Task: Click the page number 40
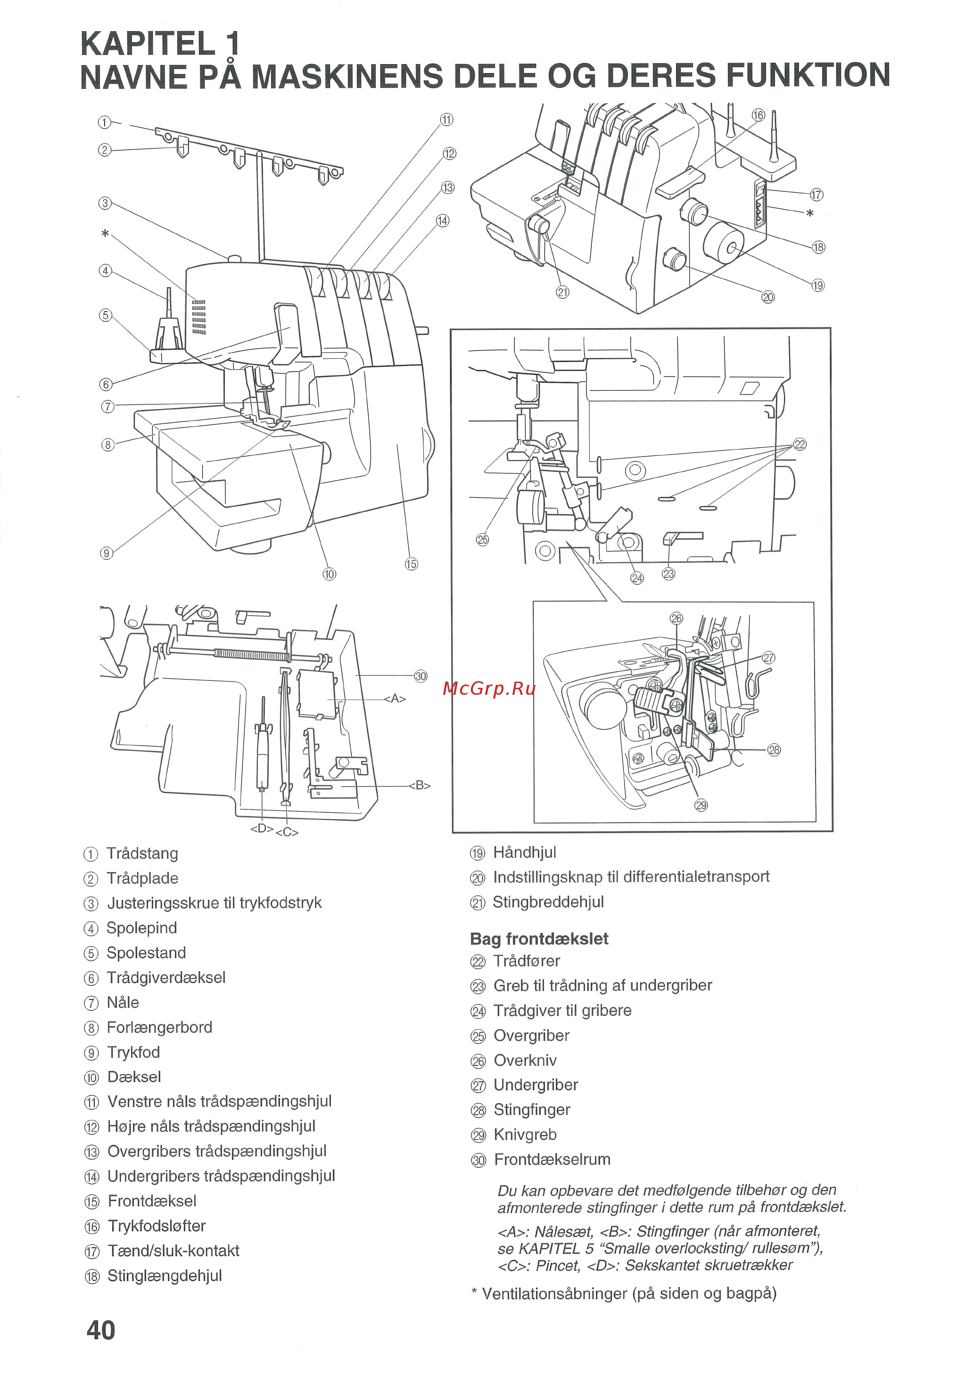click(x=101, y=1330)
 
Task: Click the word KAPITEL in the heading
click(x=147, y=44)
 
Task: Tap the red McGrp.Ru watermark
click(x=488, y=689)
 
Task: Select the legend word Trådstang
click(x=142, y=853)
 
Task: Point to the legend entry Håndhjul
click(x=525, y=852)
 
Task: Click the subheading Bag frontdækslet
click(x=539, y=939)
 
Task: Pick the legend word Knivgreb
click(x=525, y=1135)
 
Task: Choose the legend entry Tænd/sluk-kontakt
click(x=173, y=1251)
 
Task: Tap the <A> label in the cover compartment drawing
click(x=395, y=699)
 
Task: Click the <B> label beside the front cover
click(x=419, y=786)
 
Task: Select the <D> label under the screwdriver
click(x=261, y=829)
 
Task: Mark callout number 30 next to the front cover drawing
click(x=421, y=676)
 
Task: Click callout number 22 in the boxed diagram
click(x=800, y=444)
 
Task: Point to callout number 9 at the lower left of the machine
click(x=106, y=553)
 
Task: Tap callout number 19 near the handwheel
click(x=818, y=285)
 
